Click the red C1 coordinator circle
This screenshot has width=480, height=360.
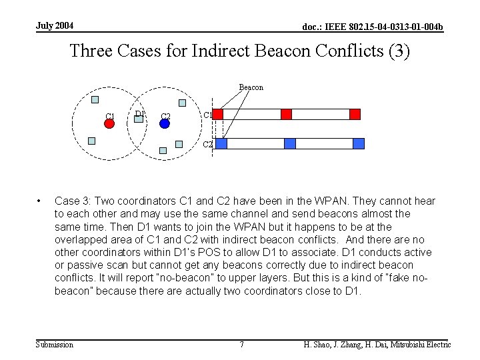pos(110,124)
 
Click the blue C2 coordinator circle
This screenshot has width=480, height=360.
pos(165,124)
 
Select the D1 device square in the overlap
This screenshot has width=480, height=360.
pos(139,119)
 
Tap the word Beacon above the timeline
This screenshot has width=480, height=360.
pos(251,87)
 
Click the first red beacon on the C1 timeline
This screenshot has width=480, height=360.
pos(217,114)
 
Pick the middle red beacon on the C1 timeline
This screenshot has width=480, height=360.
pos(286,114)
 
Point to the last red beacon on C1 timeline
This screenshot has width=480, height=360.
pos(355,114)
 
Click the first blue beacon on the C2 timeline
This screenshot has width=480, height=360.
pos(221,143)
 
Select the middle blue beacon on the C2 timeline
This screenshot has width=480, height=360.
pos(289,143)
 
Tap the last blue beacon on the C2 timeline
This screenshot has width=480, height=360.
pos(359,143)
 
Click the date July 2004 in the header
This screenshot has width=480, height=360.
pos(55,26)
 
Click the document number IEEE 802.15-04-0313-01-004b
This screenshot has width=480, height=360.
pos(373,27)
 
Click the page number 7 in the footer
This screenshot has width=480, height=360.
pos(241,345)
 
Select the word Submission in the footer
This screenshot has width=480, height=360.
pos(54,345)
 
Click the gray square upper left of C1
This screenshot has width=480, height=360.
pos(95,101)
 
